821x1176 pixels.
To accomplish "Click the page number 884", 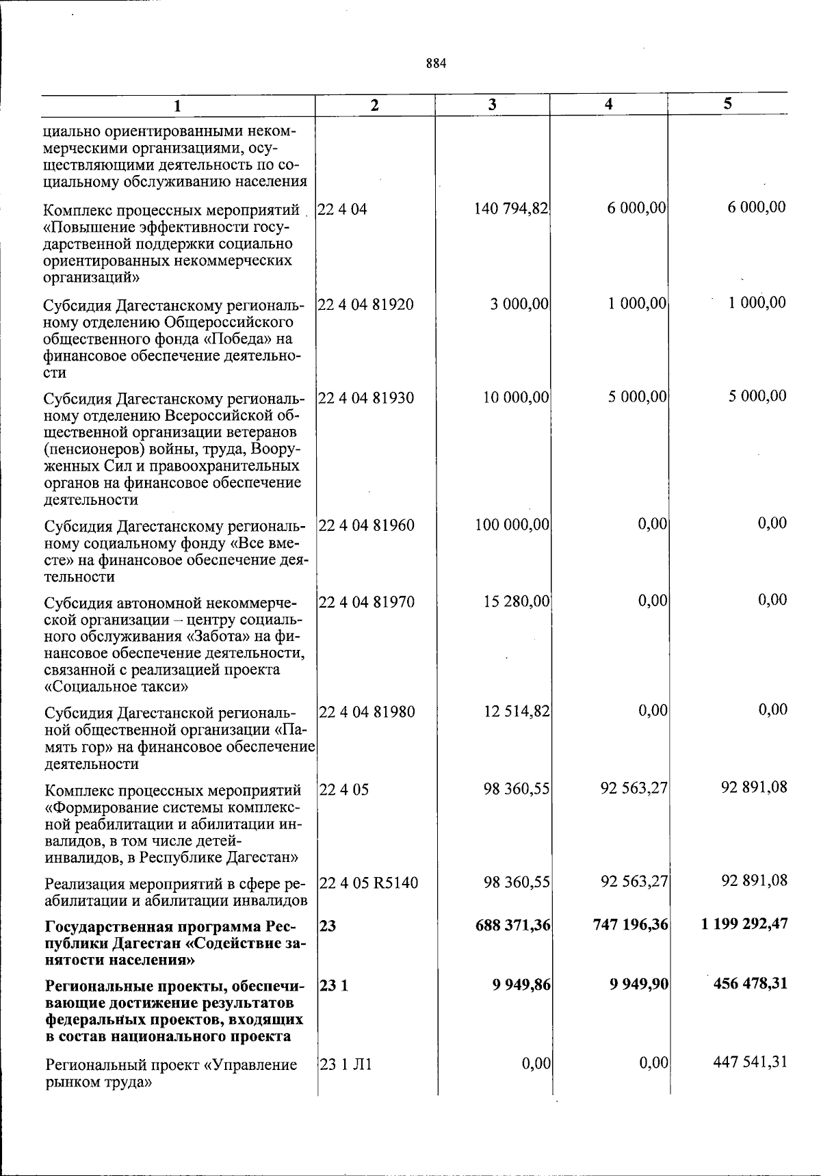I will pyautogui.click(x=435, y=64).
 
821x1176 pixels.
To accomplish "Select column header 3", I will pyautogui.click(x=492, y=105).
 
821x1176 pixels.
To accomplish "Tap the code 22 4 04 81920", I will pyautogui.click(x=366, y=304).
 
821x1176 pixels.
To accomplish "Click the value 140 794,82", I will pyautogui.click(x=511, y=208).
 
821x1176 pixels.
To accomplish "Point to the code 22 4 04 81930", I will pyautogui.click(x=366, y=397).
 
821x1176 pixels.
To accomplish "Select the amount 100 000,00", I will pyautogui.click(x=512, y=525).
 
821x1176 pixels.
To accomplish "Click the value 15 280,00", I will pyautogui.click(x=516, y=601).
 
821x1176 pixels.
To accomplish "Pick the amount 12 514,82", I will pyautogui.click(x=516, y=711).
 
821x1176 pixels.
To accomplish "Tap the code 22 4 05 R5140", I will pyautogui.click(x=369, y=883).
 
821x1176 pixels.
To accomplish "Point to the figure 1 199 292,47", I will pyautogui.click(x=744, y=924).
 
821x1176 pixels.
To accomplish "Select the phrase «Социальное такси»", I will pyautogui.click(x=116, y=686).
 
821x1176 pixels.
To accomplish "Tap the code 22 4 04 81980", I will pyautogui.click(x=367, y=712).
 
